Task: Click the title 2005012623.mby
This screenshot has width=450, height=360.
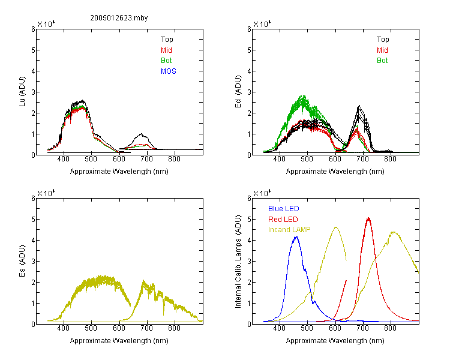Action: click(x=119, y=18)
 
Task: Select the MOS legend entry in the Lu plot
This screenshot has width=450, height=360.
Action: click(x=169, y=71)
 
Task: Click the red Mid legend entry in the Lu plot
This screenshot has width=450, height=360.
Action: click(x=166, y=50)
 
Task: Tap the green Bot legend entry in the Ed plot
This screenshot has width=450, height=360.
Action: click(x=382, y=61)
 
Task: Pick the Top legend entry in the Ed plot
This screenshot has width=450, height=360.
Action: click(x=383, y=40)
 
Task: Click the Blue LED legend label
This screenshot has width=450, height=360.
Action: click(x=284, y=209)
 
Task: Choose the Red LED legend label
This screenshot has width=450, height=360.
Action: click(x=283, y=220)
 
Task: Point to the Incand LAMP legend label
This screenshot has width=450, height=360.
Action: click(x=289, y=230)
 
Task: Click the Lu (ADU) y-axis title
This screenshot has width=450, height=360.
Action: click(x=22, y=92)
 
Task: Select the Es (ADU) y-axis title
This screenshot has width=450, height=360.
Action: click(x=22, y=261)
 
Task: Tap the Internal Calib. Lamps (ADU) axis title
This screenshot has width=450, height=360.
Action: click(x=238, y=262)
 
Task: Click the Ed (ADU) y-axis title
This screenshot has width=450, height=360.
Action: click(x=238, y=92)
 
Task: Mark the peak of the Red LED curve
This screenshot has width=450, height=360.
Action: click(x=368, y=218)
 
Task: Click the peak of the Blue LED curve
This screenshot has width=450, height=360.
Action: click(x=296, y=237)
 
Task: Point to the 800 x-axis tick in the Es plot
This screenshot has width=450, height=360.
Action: click(x=174, y=328)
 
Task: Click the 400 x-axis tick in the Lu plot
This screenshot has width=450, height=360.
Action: click(x=63, y=159)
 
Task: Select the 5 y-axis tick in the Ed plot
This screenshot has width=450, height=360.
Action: click(x=249, y=50)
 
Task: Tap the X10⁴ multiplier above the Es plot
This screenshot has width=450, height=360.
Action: click(x=46, y=193)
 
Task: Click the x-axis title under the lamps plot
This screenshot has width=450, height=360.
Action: click(x=335, y=341)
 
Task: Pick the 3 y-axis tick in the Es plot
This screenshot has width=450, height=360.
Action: click(x=33, y=261)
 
